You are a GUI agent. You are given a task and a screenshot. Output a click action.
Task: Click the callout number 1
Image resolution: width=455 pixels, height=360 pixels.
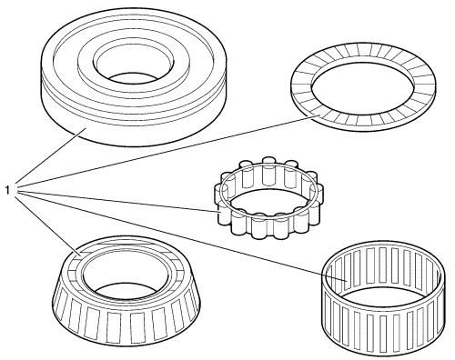coord(7,191)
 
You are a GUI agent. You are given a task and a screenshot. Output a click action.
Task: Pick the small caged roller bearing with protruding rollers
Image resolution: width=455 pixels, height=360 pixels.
coord(269,197)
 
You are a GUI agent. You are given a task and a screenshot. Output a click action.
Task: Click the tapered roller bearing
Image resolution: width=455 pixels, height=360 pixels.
coord(126,291)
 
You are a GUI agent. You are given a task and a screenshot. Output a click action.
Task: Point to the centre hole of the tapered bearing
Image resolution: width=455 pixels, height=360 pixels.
coord(127,275)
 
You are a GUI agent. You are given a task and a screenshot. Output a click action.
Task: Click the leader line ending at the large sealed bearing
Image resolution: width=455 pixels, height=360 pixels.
coord(50,155)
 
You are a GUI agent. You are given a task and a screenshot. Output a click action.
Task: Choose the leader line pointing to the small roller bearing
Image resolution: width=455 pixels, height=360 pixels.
coord(117,202)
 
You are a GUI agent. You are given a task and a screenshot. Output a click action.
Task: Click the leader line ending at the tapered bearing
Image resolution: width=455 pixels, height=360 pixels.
coord(47,225)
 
